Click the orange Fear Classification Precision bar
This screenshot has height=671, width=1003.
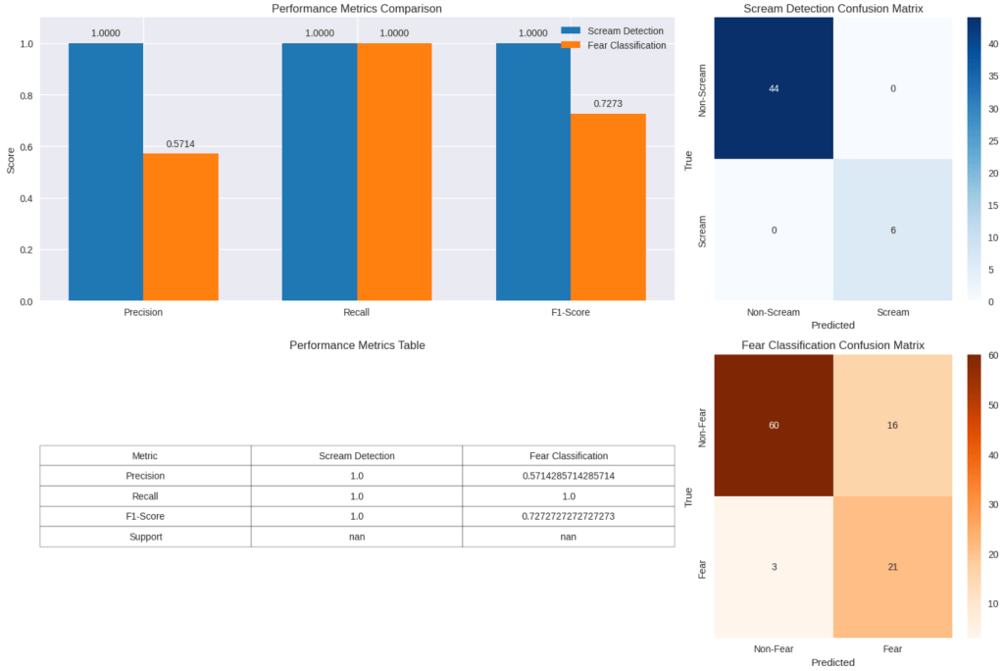pyautogui.click(x=180, y=227)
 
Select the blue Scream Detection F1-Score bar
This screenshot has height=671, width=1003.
pyautogui.click(x=532, y=172)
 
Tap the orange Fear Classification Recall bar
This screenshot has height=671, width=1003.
pyautogui.click(x=394, y=172)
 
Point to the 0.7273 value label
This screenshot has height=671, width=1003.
pyautogui.click(x=608, y=103)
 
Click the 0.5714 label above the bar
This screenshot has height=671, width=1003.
pyautogui.click(x=180, y=143)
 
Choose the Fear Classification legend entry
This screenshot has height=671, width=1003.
pyautogui.click(x=626, y=45)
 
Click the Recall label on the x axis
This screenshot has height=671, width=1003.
pyautogui.click(x=357, y=313)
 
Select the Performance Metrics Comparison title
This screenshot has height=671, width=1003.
pyautogui.click(x=357, y=9)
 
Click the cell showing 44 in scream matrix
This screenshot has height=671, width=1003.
pyautogui.click(x=774, y=88)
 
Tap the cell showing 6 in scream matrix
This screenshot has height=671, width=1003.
pyautogui.click(x=892, y=230)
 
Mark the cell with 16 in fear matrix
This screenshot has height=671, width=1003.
pyautogui.click(x=892, y=425)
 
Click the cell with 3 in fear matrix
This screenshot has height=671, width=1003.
pyautogui.click(x=774, y=567)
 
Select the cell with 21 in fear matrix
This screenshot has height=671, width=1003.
pyautogui.click(x=892, y=567)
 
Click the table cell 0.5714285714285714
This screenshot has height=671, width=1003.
pyautogui.click(x=568, y=476)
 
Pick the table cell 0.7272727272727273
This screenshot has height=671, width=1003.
pyautogui.click(x=568, y=516)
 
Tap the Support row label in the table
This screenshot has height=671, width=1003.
pyautogui.click(x=145, y=537)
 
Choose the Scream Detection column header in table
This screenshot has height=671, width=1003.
pyautogui.click(x=357, y=455)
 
